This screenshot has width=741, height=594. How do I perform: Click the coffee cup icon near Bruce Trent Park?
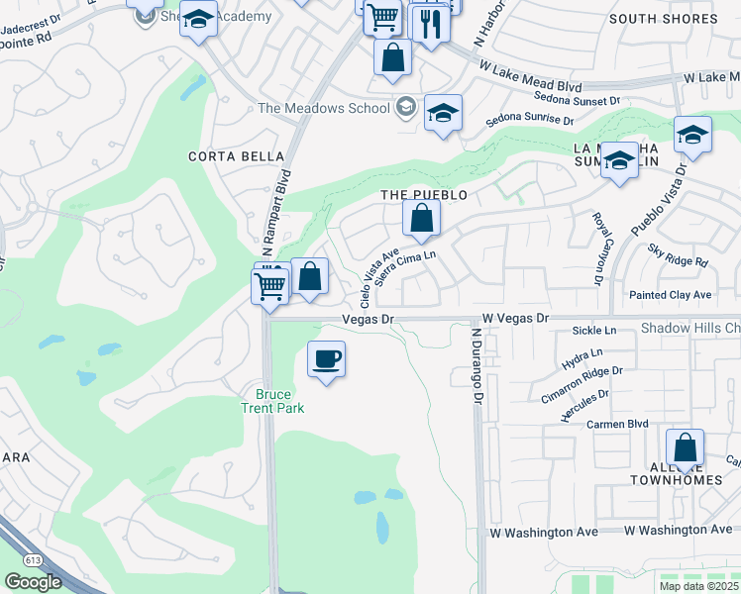click(326, 358)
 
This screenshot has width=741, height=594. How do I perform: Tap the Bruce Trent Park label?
click(272, 401)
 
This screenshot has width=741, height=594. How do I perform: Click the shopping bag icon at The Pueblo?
click(421, 219)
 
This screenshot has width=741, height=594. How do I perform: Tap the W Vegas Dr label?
click(515, 319)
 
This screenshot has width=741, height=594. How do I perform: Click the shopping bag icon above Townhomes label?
click(685, 447)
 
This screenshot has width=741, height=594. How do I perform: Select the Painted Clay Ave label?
click(671, 295)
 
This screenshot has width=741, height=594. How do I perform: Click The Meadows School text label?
click(324, 108)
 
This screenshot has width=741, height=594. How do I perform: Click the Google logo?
click(33, 582)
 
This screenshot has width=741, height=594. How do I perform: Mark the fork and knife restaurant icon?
click(430, 24)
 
